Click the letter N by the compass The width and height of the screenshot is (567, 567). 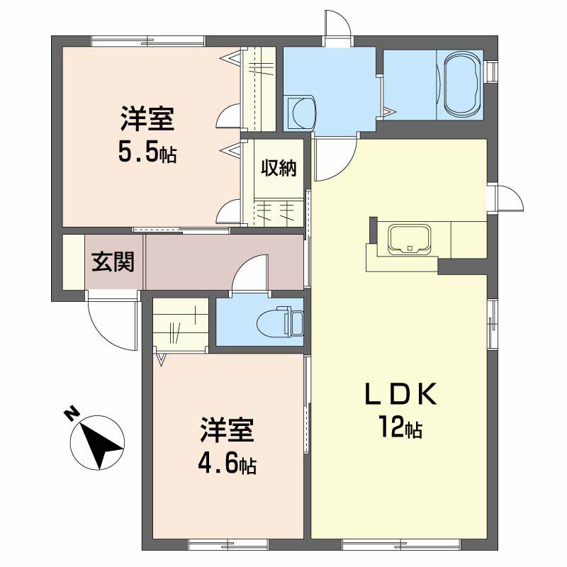click(71, 412)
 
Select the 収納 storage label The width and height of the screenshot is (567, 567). click(279, 169)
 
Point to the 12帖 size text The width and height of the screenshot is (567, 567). click(400, 427)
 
